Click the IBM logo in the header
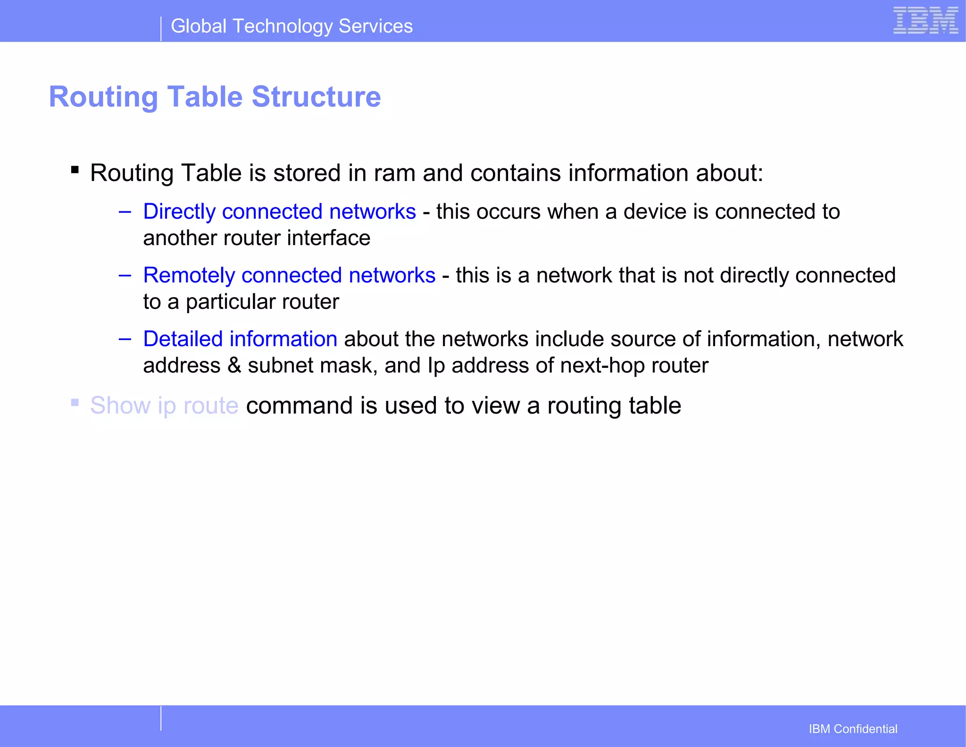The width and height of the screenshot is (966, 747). (925, 21)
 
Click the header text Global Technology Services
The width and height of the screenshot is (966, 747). (291, 26)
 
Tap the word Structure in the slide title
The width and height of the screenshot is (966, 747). (316, 97)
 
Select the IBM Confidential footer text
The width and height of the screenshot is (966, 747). (853, 729)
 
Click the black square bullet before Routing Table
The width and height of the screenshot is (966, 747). (75, 169)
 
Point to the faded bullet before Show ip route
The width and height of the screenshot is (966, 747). (75, 402)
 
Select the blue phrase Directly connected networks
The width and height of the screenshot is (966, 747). (279, 212)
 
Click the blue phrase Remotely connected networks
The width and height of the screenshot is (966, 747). (289, 275)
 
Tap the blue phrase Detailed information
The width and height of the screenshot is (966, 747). (240, 339)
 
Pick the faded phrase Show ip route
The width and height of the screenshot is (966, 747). (164, 406)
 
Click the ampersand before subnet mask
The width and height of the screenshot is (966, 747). (234, 366)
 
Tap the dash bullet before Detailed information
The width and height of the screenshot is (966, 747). (125, 339)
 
